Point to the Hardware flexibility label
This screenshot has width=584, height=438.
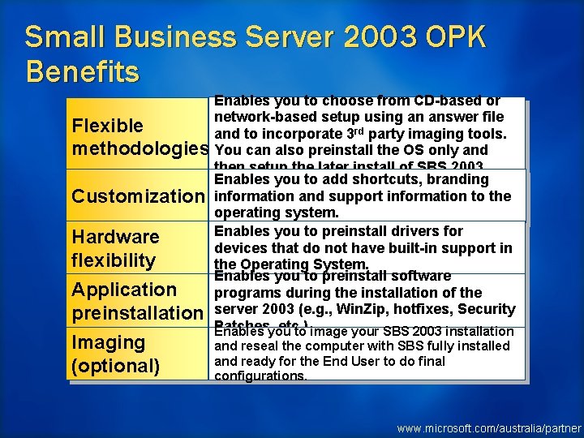point(115,248)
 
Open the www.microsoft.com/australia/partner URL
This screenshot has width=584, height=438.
point(488,427)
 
